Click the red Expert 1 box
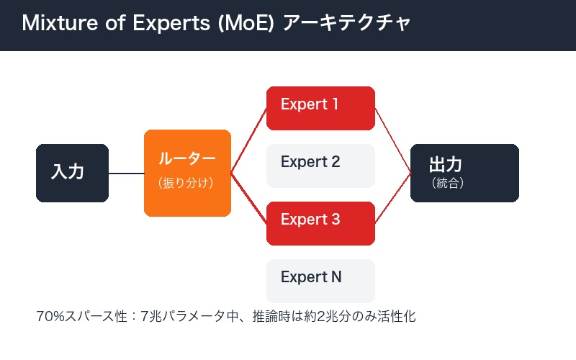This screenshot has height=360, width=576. click(320, 108)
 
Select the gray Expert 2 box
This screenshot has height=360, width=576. click(320, 166)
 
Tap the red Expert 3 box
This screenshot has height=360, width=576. click(320, 223)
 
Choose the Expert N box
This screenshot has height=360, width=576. click(320, 280)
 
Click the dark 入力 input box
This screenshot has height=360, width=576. click(72, 173)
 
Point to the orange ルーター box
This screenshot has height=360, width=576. click(187, 173)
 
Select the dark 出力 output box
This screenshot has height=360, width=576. click(464, 173)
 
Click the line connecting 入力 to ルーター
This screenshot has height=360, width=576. click(126, 174)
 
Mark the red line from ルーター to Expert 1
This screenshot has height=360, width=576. click(248, 141)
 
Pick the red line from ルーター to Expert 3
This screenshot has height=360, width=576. click(248, 205)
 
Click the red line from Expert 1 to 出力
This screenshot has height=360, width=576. click(392, 140)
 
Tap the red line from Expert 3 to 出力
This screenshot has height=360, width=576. click(392, 205)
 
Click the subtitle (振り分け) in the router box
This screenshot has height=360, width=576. click(186, 184)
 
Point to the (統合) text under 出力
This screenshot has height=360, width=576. click(448, 184)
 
